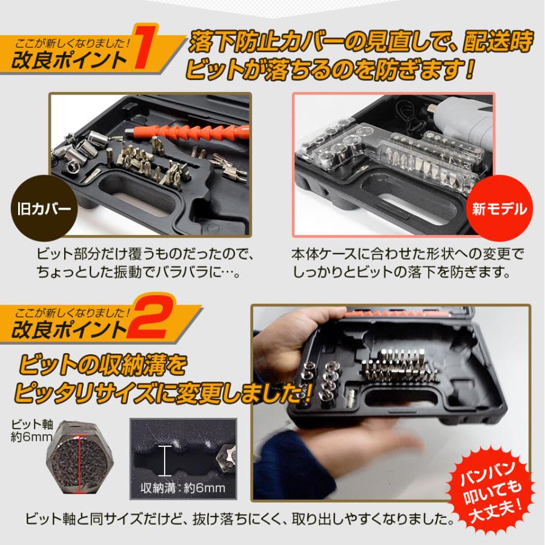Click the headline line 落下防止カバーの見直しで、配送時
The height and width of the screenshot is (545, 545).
pos(362,42)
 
